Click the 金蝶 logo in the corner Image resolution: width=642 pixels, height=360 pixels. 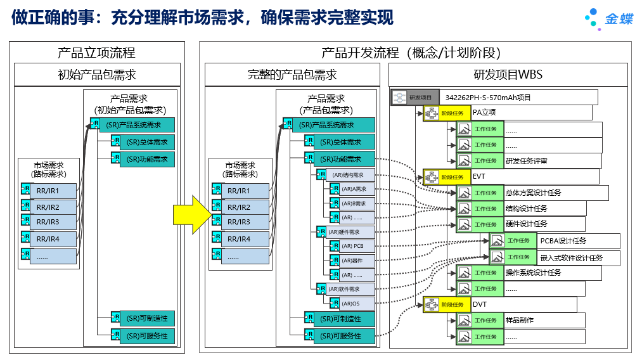(x=608, y=18)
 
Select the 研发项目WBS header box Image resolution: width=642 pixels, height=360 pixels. (x=508, y=75)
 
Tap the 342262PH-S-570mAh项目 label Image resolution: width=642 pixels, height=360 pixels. (x=488, y=98)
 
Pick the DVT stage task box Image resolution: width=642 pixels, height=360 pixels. (x=501, y=304)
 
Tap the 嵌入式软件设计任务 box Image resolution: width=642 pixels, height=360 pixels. (x=570, y=257)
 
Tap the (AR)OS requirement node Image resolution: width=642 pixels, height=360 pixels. (x=352, y=304)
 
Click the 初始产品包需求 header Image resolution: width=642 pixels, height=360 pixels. (x=96, y=75)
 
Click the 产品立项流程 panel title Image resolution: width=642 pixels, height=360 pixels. (x=96, y=53)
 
